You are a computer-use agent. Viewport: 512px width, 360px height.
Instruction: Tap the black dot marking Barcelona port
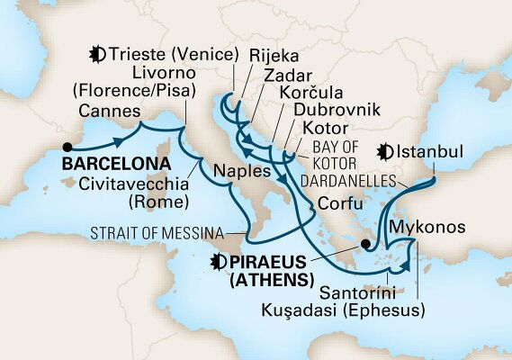pos(67,145)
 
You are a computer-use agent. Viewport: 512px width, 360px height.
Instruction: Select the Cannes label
pos(108,112)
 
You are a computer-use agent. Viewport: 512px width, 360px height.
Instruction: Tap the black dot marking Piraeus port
pos(365,243)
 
